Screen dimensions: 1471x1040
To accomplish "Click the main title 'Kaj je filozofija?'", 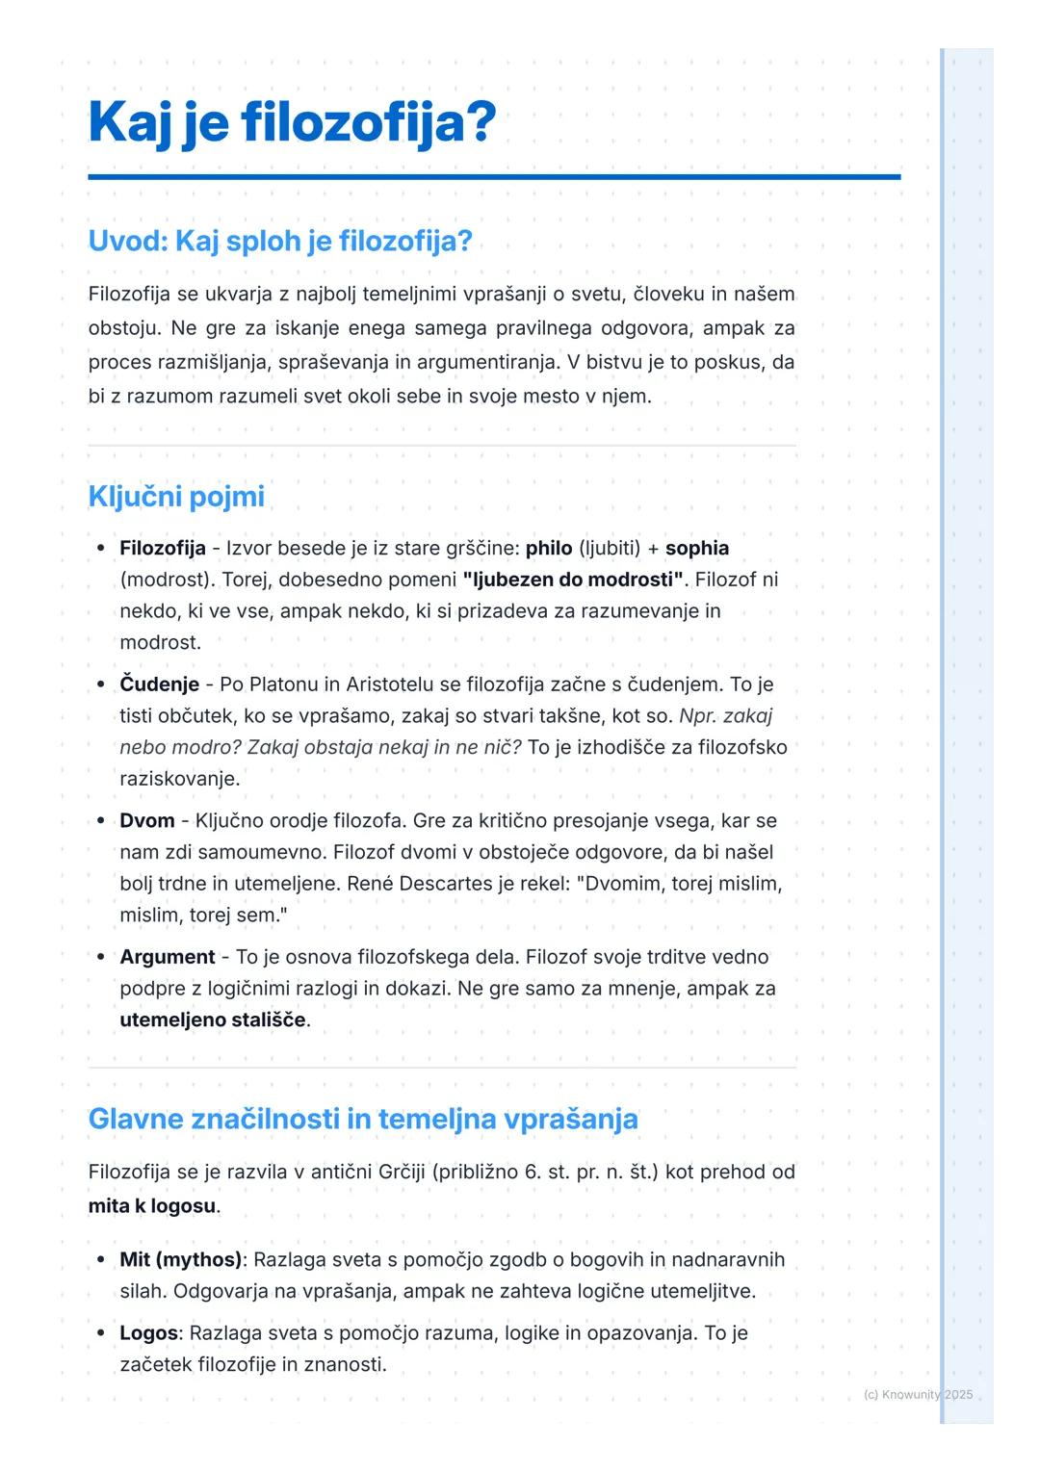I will pyautogui.click(x=292, y=123).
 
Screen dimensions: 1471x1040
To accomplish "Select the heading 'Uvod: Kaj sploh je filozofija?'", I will pyautogui.click(x=280, y=241).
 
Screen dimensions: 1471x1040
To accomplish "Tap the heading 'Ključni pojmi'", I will pyautogui.click(x=176, y=497).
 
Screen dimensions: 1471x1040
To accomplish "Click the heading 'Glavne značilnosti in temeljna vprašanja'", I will pyautogui.click(x=363, y=1119).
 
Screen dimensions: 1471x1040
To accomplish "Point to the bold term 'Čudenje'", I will pyautogui.click(x=159, y=684).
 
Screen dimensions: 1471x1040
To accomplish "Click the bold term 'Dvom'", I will pyautogui.click(x=147, y=821).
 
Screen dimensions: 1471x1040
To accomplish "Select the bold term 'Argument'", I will pyautogui.click(x=168, y=957).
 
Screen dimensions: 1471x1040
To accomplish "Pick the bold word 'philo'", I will pyautogui.click(x=549, y=548).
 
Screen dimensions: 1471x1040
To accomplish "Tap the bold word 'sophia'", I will pyautogui.click(x=697, y=548).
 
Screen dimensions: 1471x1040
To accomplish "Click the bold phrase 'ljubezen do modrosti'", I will pyautogui.click(x=573, y=580).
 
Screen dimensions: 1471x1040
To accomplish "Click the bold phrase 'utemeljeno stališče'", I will pyautogui.click(x=213, y=1019).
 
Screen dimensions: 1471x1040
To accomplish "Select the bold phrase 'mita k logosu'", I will pyautogui.click(x=152, y=1206).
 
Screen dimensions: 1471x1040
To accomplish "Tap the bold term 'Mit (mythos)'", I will pyautogui.click(x=180, y=1259).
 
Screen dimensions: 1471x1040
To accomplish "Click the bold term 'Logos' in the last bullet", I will pyautogui.click(x=149, y=1333).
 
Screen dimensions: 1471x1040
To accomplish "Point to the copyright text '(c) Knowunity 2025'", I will pyautogui.click(x=919, y=1394).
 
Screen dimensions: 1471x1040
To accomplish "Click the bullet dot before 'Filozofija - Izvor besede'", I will pyautogui.click(x=101, y=548).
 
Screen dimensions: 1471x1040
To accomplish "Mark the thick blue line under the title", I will pyautogui.click(x=494, y=177).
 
